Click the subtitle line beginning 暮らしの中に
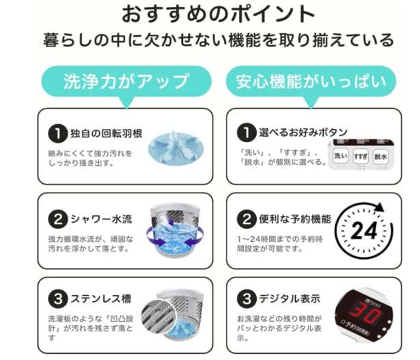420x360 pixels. (209, 38)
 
